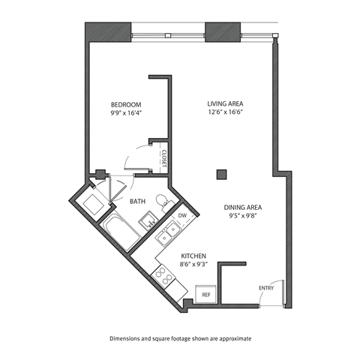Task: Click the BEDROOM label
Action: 126,103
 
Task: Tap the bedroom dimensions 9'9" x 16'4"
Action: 126,113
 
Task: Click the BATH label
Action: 138,201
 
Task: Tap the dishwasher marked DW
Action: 182,216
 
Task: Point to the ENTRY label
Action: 266,288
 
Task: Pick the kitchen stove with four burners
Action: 163,277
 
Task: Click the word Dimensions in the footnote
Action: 128,338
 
